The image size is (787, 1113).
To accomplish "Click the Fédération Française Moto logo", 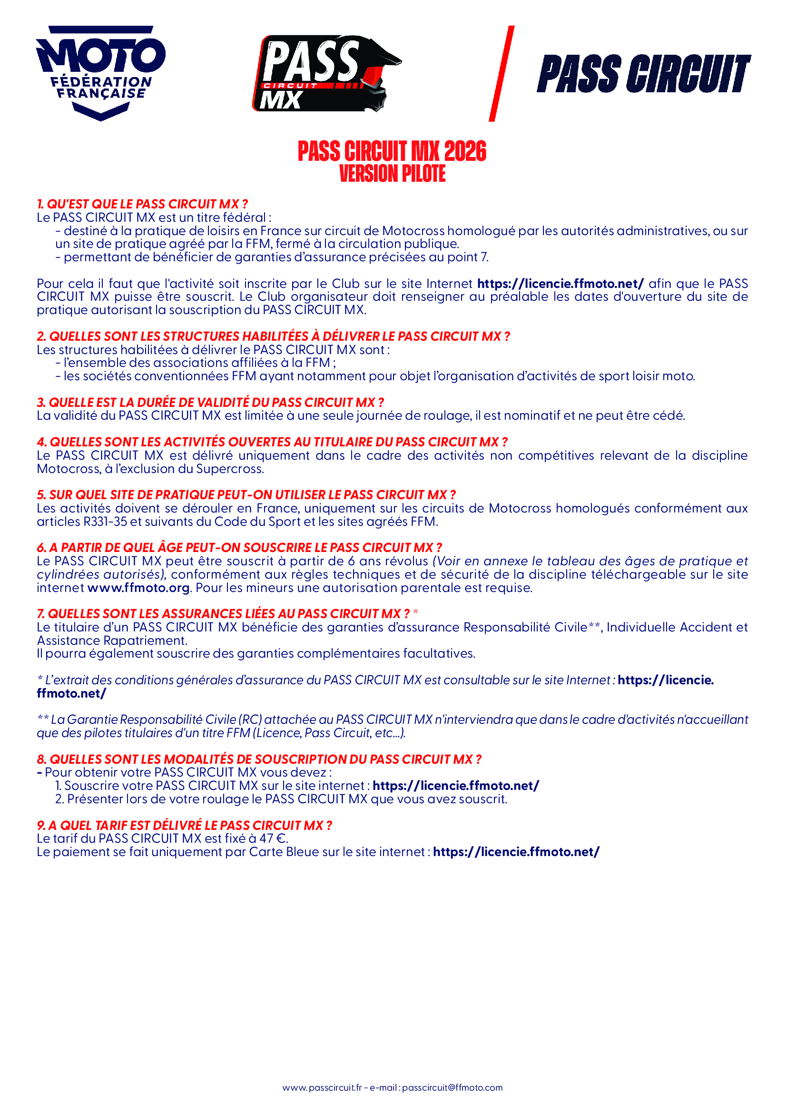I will pos(100,73).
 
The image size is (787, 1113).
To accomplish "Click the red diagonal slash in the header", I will pos(501,73).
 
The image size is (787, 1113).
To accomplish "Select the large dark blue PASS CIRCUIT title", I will pos(643,74).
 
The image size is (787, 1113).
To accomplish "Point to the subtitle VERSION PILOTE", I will pos(392,174).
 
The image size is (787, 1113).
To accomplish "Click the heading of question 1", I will pos(142,204).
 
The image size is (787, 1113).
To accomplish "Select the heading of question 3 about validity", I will pos(210,403).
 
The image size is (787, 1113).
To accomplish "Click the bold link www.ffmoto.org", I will pos(138,588).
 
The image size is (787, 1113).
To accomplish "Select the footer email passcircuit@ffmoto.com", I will pos(452,1088).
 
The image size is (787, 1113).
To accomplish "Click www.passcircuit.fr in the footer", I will pos(322,1088).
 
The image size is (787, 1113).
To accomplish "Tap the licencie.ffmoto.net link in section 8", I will pos(455,786).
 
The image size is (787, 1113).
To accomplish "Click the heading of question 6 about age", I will pos(239,548).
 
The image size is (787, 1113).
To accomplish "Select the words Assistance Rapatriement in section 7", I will pos(112,641).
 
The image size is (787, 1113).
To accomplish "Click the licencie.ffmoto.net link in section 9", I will pos(516,852).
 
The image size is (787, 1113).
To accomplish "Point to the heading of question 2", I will pos(273,336).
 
